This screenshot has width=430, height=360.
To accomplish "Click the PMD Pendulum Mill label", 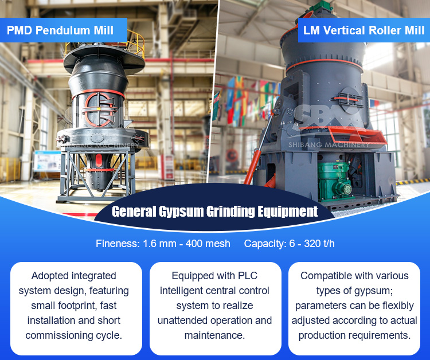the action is click(60, 30).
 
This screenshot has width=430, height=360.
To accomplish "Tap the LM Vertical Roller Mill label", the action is click(364, 30).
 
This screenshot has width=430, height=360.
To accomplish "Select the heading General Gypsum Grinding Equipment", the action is click(215, 212).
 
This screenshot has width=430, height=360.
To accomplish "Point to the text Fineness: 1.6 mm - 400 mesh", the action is click(163, 244).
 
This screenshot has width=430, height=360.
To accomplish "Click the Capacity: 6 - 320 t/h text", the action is click(290, 244).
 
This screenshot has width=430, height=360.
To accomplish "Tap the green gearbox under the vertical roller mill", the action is click(334, 181).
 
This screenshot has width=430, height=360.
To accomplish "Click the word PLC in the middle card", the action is click(248, 276).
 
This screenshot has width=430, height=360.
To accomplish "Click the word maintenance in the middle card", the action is click(214, 335).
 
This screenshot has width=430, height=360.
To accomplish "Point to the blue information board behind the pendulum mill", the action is click(46, 162).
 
